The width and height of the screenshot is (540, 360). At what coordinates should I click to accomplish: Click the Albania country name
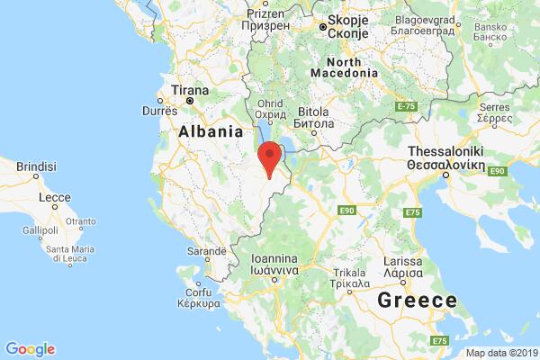(x=211, y=131)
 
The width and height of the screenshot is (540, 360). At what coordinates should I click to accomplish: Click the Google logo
(x=30, y=348)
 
